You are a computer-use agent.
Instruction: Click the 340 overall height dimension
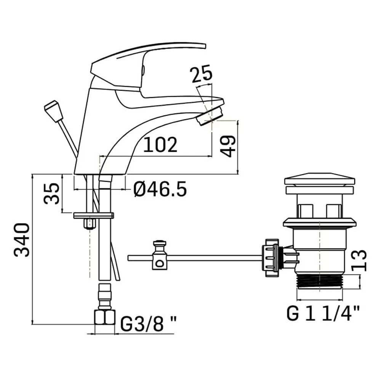pyautogui.click(x=22, y=240)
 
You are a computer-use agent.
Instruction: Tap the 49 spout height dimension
pyautogui.click(x=228, y=147)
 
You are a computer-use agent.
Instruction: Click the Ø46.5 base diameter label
pyautogui.click(x=160, y=189)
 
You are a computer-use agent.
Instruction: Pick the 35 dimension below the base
pyautogui.click(x=51, y=194)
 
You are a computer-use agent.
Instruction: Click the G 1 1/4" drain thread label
pyautogui.click(x=323, y=314)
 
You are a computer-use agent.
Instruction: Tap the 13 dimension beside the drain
pyautogui.click(x=359, y=260)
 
